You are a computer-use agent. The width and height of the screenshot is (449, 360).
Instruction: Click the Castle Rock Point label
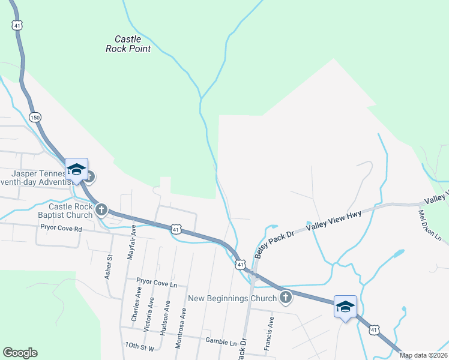(x=128, y=44)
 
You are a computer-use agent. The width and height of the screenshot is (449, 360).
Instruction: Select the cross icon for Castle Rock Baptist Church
(x=101, y=209)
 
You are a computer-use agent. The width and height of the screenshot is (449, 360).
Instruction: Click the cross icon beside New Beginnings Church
(x=286, y=297)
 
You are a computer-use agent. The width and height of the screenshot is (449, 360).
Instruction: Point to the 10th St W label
(x=140, y=347)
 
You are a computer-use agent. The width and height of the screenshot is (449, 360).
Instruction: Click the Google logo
(x=20, y=353)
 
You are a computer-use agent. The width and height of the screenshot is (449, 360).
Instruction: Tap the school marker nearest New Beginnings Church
(x=345, y=307)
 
